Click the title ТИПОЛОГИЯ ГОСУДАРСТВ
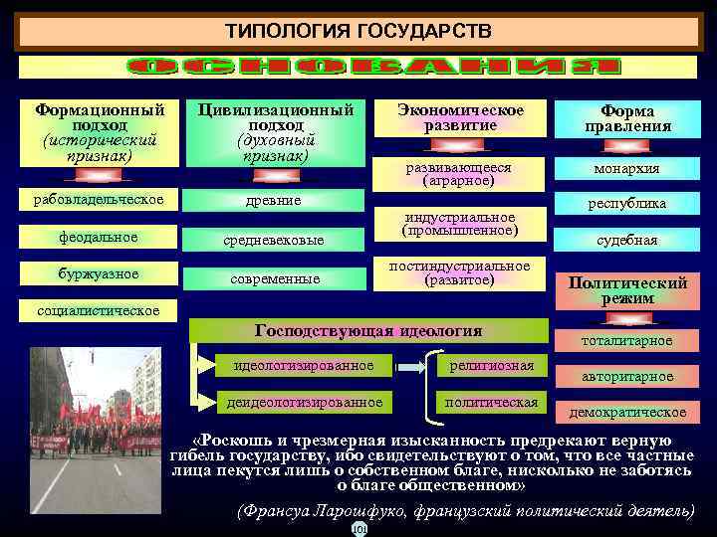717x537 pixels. pyautogui.click(x=358, y=32)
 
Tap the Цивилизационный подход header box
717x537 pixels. pyautogui.click(x=276, y=131)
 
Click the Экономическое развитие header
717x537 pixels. pyautogui.click(x=459, y=117)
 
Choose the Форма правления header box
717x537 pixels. pyautogui.click(x=634, y=118)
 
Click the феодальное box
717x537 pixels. pyautogui.click(x=98, y=237)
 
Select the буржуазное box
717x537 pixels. pyautogui.click(x=98, y=273)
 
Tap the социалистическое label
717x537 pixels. pyautogui.click(x=98, y=310)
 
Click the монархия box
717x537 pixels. pyautogui.click(x=626, y=169)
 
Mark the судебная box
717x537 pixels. pyautogui.click(x=626, y=240)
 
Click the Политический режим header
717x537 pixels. pyautogui.click(x=627, y=288)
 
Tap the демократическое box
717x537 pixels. pyautogui.click(x=626, y=412)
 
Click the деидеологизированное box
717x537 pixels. pyautogui.click(x=304, y=402)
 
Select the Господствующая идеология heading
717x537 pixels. pyautogui.click(x=368, y=331)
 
